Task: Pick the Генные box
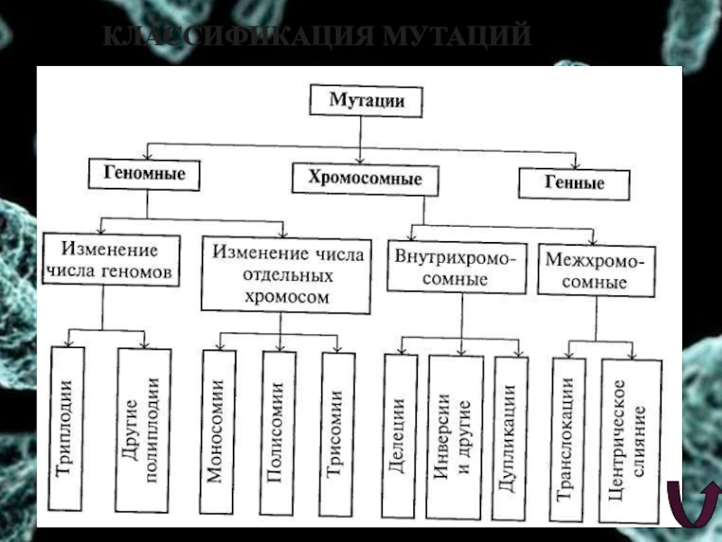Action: coord(573,182)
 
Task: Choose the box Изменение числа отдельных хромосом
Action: coord(285,275)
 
